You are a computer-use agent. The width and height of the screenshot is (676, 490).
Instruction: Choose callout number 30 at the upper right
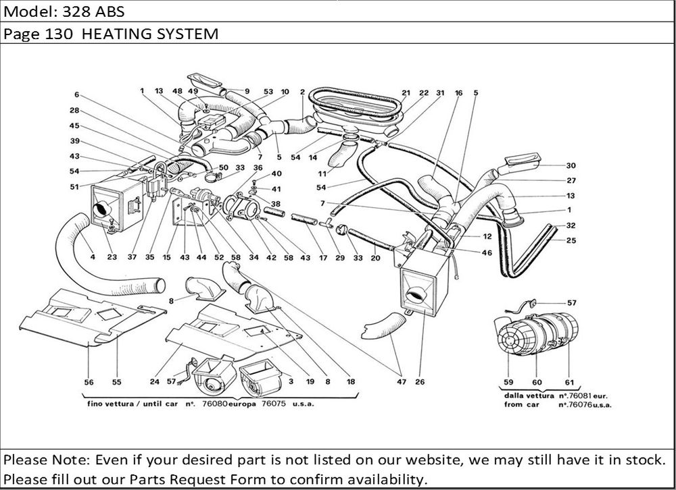pos(571,165)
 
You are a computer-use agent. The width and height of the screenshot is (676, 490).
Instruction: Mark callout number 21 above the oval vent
pos(406,93)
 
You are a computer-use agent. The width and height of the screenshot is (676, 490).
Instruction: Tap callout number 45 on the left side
pos(74,126)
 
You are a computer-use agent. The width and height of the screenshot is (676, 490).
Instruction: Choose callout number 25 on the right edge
pos(571,241)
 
